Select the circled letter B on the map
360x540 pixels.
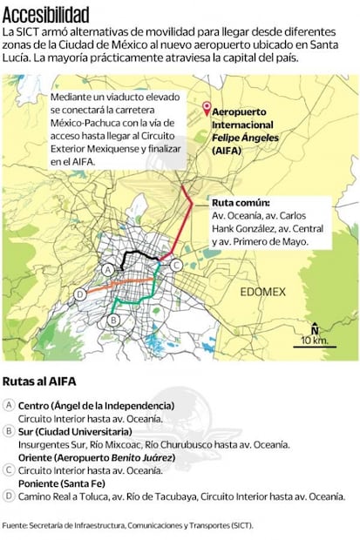(x=112, y=321)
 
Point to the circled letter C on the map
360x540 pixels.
(x=175, y=265)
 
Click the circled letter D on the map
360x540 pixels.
(x=80, y=294)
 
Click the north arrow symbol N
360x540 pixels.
(x=315, y=329)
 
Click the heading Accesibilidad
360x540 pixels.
(x=45, y=14)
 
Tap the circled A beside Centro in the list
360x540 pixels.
(x=9, y=406)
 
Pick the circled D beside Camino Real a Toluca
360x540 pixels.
(x=9, y=496)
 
